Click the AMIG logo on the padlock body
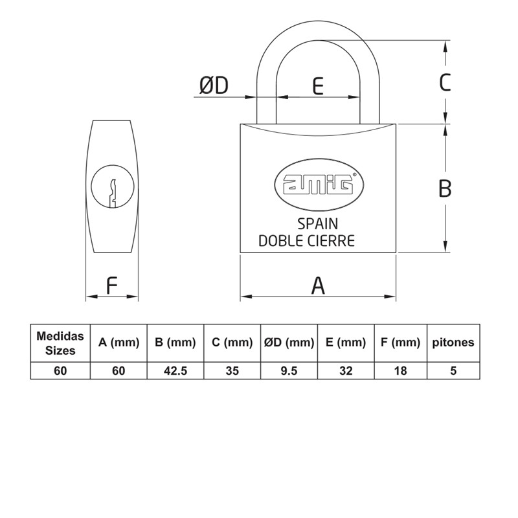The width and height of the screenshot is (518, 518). point(319,185)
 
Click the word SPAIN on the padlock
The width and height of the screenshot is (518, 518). point(318,224)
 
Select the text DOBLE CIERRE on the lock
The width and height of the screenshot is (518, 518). point(306,241)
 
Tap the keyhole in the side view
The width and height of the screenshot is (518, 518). point(113,186)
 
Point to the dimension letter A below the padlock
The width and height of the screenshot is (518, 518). point(318,286)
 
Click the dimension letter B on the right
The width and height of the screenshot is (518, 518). point(445,188)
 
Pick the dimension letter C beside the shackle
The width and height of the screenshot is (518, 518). point(445,82)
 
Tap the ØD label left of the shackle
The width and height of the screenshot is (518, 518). point(214,85)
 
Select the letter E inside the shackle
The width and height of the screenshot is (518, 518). point(318,86)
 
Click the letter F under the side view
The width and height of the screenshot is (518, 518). point(112,286)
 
